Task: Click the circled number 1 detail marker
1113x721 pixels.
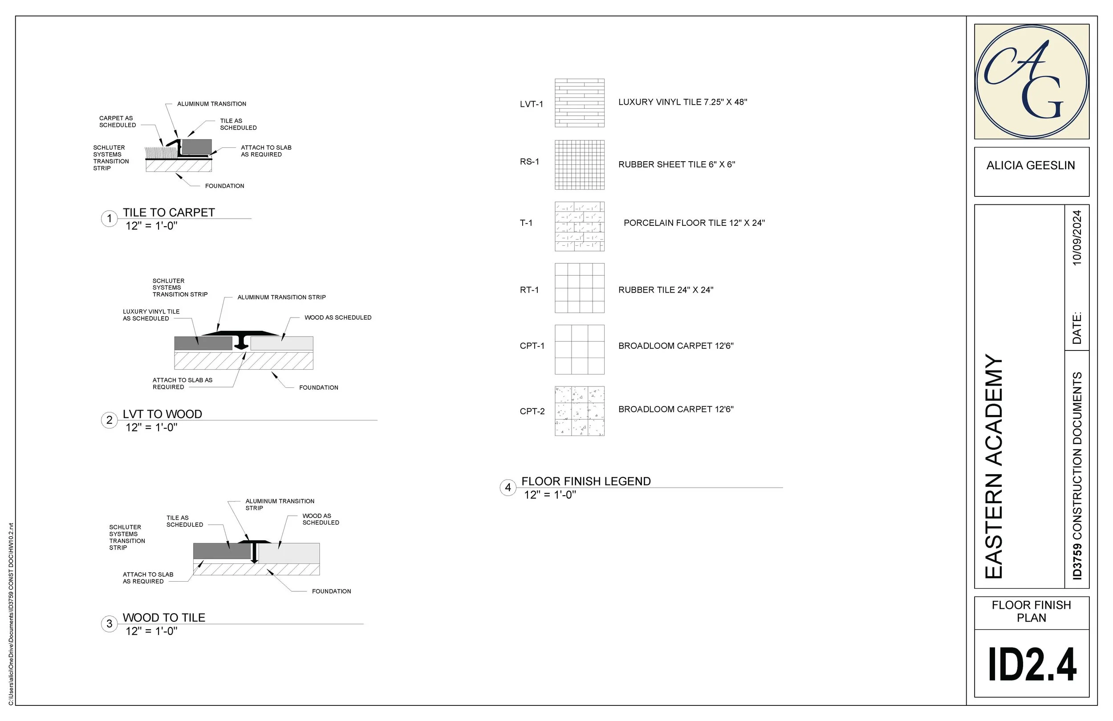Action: [110, 219]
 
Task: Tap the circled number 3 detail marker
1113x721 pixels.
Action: [110, 623]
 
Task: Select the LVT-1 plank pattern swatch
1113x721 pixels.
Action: [579, 103]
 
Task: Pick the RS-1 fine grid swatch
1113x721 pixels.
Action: [579, 165]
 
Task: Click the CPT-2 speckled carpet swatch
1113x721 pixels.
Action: [579, 411]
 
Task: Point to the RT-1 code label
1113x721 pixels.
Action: [529, 290]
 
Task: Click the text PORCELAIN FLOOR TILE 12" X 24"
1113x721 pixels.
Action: [694, 223]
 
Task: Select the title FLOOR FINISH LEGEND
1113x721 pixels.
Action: [586, 481]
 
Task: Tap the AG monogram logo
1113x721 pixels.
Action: [1031, 82]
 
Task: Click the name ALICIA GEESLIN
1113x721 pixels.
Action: [1031, 166]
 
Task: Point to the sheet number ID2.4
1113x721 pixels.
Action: [1032, 665]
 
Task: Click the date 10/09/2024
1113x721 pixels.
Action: [1076, 238]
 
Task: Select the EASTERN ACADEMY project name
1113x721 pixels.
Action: [994, 466]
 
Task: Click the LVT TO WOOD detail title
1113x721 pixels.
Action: [162, 415]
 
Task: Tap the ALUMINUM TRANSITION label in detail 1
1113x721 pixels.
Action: [211, 104]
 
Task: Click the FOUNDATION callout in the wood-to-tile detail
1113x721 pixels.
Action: [331, 591]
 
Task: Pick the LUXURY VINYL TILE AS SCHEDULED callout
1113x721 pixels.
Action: [150, 315]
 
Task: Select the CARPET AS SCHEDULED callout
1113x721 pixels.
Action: [117, 122]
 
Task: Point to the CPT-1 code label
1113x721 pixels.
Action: [532, 346]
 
